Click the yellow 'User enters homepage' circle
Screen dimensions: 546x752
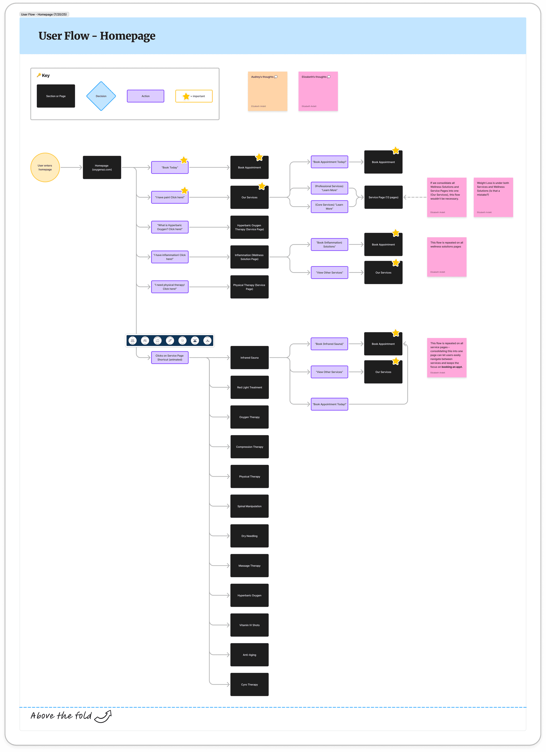[x=45, y=167]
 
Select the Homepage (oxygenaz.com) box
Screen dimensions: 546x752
[x=102, y=167]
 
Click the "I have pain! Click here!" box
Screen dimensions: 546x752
[x=170, y=198]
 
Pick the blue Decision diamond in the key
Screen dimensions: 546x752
[x=101, y=96]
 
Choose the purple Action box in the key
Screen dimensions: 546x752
[x=145, y=96]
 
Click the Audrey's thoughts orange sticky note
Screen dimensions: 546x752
[x=267, y=91]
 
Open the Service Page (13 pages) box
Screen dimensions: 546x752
[x=383, y=197]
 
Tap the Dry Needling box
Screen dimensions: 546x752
[x=250, y=536]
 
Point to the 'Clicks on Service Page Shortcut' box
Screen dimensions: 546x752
[x=170, y=358]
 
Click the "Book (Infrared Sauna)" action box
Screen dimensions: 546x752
[x=329, y=344]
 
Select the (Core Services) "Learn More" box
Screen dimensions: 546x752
[x=329, y=207]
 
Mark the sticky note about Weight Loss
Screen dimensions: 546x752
[x=493, y=197]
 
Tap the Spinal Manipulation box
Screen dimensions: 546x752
[x=250, y=506]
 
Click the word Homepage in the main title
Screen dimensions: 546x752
[x=127, y=36]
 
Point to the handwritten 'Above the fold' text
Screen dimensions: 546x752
[x=61, y=716]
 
